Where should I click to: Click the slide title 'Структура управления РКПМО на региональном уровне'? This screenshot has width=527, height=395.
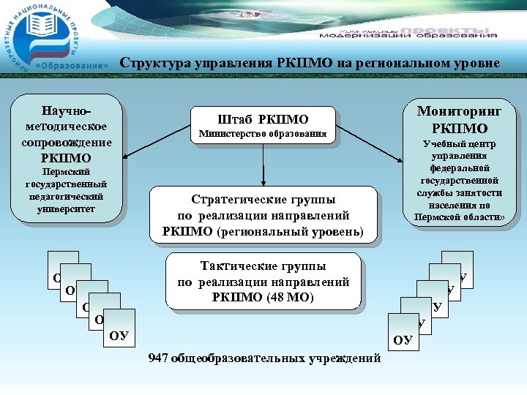click(x=310, y=63)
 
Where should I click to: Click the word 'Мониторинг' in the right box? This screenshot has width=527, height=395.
click(x=459, y=111)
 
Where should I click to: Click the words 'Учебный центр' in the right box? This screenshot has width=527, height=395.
click(x=459, y=144)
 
